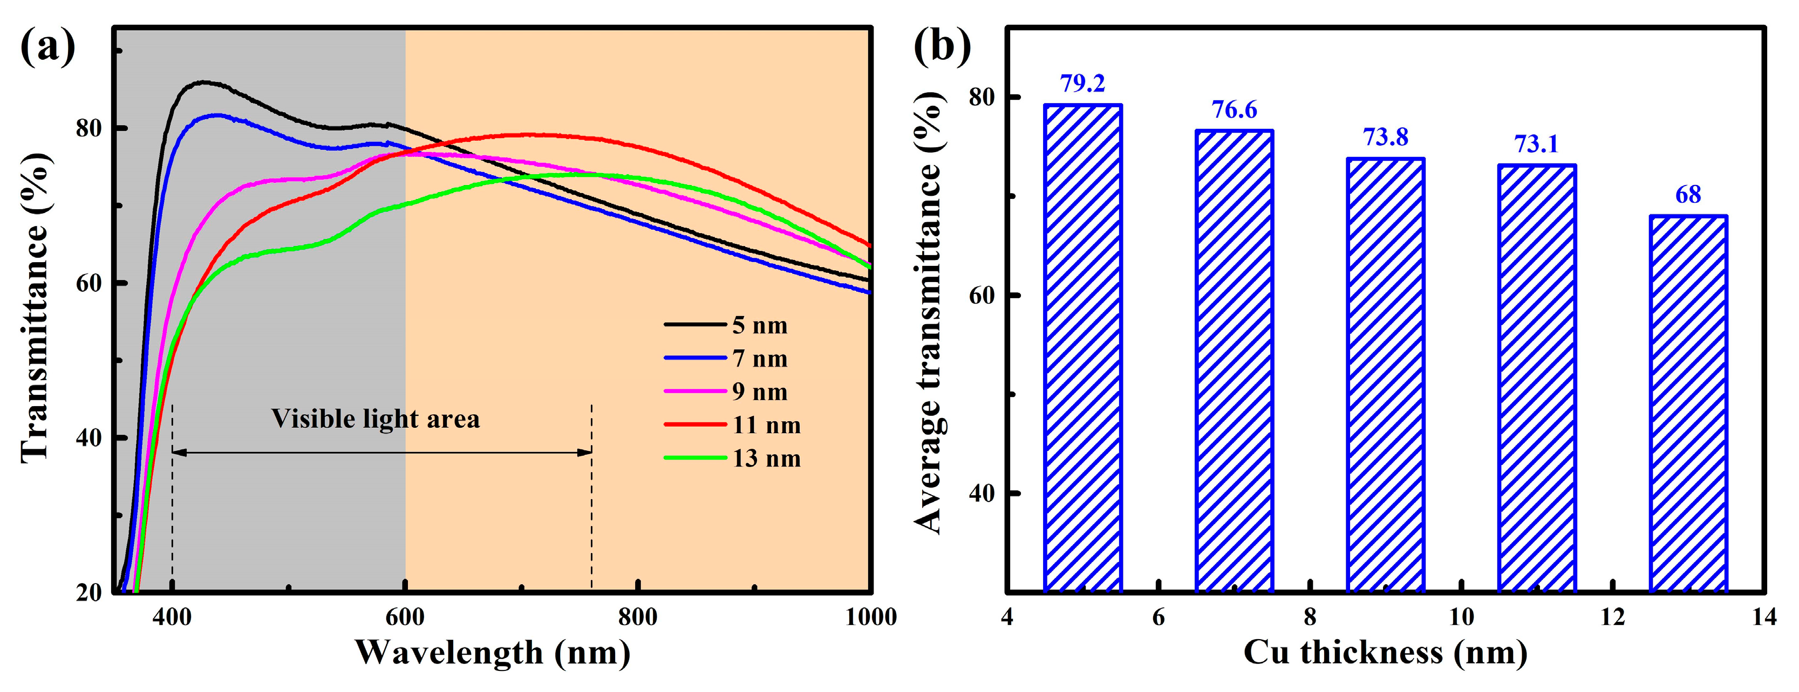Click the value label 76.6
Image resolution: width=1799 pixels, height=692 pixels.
click(1234, 109)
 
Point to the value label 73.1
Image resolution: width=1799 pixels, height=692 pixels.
click(1536, 144)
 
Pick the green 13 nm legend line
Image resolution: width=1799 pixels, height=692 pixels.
click(695, 458)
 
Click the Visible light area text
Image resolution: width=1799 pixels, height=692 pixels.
click(375, 419)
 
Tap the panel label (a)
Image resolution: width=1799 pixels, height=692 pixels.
click(47, 47)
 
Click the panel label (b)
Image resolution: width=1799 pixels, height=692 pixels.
click(942, 47)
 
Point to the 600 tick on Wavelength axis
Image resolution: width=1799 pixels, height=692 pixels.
click(405, 617)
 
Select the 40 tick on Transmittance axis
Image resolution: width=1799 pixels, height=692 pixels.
click(88, 438)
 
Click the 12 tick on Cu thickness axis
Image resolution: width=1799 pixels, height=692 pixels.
click(1612, 617)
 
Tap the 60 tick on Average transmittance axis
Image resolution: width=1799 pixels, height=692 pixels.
click(981, 294)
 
